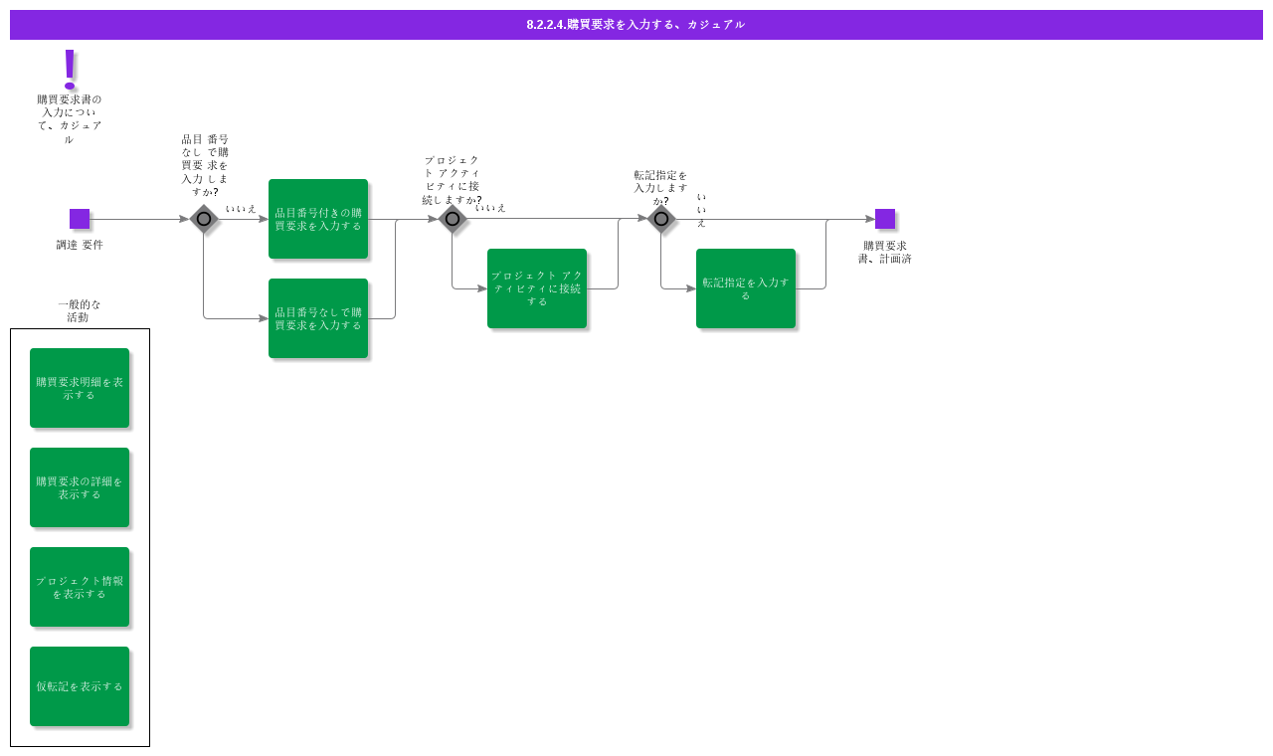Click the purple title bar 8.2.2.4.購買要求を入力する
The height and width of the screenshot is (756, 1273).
[x=636, y=25]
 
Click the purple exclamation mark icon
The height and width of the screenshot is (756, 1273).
[x=70, y=70]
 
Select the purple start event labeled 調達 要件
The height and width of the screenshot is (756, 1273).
[x=80, y=219]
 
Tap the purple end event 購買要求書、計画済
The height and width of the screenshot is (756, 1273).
[x=885, y=219]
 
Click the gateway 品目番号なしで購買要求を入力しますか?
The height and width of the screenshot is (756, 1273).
[x=204, y=219]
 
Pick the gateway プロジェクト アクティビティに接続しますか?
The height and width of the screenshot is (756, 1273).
[x=453, y=219]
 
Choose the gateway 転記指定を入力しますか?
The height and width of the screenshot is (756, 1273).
[x=661, y=219]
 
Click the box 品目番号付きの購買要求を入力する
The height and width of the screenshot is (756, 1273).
[x=318, y=219]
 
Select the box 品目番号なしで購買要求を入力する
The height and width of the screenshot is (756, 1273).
[x=318, y=318]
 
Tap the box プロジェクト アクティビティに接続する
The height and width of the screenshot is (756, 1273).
[x=537, y=288]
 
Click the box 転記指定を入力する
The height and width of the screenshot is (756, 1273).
[x=746, y=288]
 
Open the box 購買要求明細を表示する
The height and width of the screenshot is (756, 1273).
[x=80, y=388]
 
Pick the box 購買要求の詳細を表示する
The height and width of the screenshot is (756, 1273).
[x=80, y=487]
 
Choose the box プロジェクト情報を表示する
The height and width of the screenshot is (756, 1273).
[x=80, y=587]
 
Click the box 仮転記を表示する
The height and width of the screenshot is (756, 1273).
[x=80, y=686]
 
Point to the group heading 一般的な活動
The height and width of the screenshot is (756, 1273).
[x=80, y=310]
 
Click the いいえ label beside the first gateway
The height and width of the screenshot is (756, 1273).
[x=241, y=209]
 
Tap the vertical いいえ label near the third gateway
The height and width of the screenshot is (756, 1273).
[x=701, y=210]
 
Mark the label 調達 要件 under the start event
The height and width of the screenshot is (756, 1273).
[x=80, y=245]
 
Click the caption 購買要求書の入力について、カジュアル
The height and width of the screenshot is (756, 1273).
[x=70, y=119]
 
